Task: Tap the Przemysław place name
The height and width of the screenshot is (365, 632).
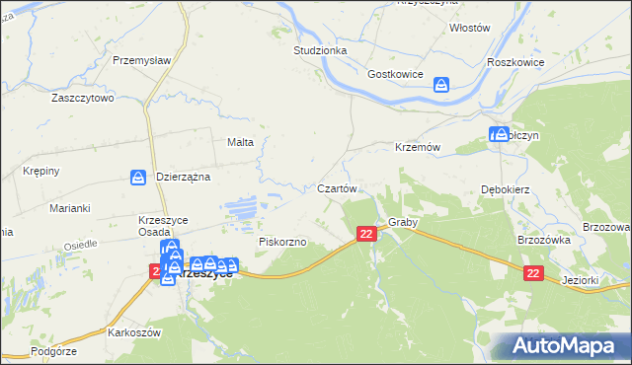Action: pos(142,60)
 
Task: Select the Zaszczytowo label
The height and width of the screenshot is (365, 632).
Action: pos(84,99)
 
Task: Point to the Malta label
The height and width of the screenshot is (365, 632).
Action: pos(241,142)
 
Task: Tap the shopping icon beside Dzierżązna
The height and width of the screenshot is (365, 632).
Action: pos(138,178)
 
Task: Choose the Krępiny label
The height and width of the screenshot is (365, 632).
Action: pos(41,171)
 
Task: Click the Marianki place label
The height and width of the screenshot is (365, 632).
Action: pos(70,208)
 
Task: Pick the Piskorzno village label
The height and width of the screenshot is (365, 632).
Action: pos(282,242)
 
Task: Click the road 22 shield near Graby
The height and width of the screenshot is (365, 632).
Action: pos(365,233)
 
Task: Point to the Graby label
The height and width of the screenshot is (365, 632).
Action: pos(403,223)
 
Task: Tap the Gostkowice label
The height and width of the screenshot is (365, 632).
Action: pos(395,75)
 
